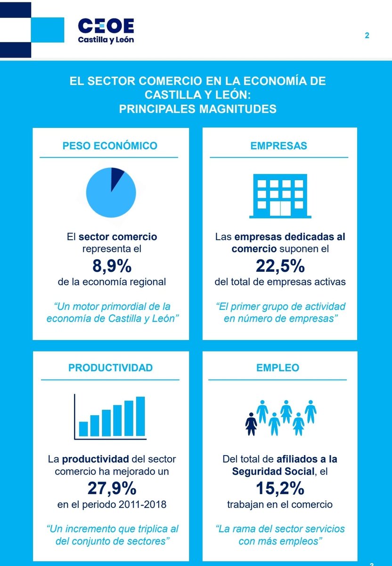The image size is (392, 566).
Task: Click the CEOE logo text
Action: pyautogui.click(x=106, y=25)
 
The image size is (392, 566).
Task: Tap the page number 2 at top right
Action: pyautogui.click(x=367, y=35)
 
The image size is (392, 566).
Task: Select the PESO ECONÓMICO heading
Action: pyautogui.click(x=110, y=146)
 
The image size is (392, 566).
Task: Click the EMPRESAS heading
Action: pyautogui.click(x=278, y=146)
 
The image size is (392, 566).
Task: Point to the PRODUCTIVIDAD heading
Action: pyautogui.click(x=111, y=368)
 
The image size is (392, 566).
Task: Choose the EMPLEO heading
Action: pyautogui.click(x=278, y=368)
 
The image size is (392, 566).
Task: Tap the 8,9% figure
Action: pyautogui.click(x=112, y=266)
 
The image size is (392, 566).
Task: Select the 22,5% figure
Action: pyautogui.click(x=280, y=266)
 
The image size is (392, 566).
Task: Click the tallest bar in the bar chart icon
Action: pyautogui.click(x=140, y=416)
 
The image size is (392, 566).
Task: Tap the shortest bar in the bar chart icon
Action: pyautogui.click(x=83, y=429)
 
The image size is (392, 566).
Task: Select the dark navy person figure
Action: pyautogui.click(x=251, y=424)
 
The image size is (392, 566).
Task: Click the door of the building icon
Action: pyautogui.click(x=280, y=208)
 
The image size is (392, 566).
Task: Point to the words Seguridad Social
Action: pyautogui.click(x=273, y=472)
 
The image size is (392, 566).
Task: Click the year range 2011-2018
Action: pyautogui.click(x=142, y=505)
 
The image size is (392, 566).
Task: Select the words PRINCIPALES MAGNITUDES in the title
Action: pyautogui.click(x=197, y=109)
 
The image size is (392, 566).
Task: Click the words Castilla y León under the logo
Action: pyautogui.click(x=106, y=40)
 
